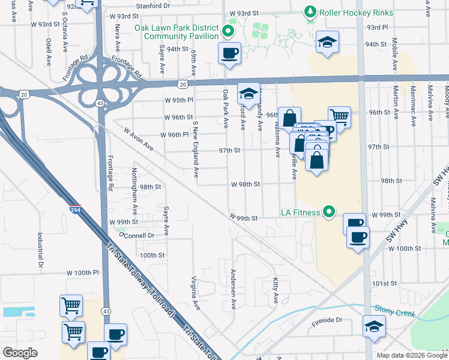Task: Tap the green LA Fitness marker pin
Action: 328,211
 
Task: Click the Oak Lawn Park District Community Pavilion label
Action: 181,31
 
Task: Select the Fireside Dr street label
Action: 327,320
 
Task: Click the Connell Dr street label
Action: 139,236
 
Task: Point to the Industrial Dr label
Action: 41,250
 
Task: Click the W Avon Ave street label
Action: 139,140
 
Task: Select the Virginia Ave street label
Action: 195,293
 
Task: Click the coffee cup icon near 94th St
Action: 229,52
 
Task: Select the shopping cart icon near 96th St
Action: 340,117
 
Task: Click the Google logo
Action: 20,353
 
